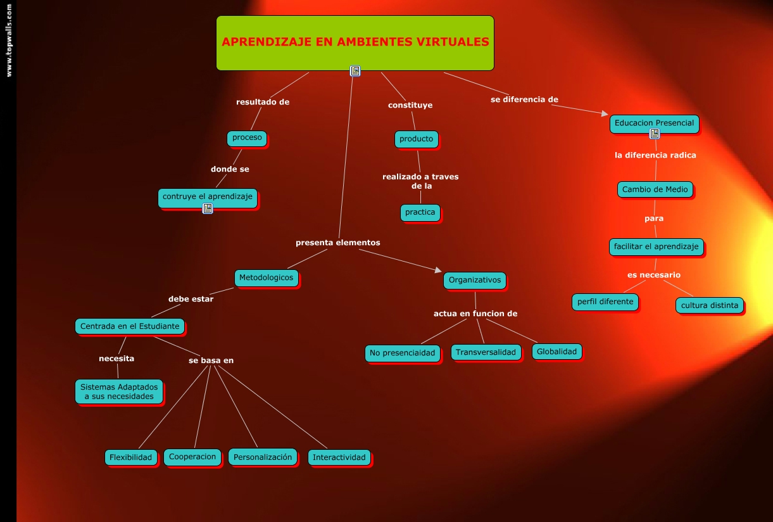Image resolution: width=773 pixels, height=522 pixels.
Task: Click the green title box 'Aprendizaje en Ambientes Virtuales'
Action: point(355,42)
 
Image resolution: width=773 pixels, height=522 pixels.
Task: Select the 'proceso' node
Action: point(247,137)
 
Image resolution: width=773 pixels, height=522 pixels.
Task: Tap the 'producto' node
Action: point(416,139)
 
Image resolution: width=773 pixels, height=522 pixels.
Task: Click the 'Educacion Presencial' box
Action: point(654,123)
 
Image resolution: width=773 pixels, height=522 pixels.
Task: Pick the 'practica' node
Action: point(420,212)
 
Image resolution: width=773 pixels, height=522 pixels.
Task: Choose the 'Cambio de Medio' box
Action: point(655,189)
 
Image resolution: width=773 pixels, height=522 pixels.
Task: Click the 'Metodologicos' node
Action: point(267,277)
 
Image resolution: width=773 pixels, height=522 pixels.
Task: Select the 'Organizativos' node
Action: point(475,280)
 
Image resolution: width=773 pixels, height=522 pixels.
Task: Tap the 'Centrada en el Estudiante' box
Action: point(130,327)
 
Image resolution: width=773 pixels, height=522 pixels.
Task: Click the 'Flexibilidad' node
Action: point(131,457)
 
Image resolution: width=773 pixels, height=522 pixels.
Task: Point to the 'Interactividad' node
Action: point(339,457)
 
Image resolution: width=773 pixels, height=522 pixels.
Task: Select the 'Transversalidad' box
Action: point(486,352)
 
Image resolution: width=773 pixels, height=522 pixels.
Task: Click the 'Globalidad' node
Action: point(556,352)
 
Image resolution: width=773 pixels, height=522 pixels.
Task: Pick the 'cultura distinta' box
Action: point(710,305)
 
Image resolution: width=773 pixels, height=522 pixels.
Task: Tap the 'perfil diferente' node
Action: point(605,302)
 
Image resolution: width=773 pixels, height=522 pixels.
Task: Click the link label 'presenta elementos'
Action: point(338,243)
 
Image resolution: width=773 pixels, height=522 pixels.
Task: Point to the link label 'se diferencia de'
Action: point(524,99)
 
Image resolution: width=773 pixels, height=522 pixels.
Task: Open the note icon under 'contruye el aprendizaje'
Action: point(207,208)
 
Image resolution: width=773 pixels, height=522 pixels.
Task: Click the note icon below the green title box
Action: point(355,71)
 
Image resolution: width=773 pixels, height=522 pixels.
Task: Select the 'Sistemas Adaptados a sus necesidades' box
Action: point(119,391)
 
